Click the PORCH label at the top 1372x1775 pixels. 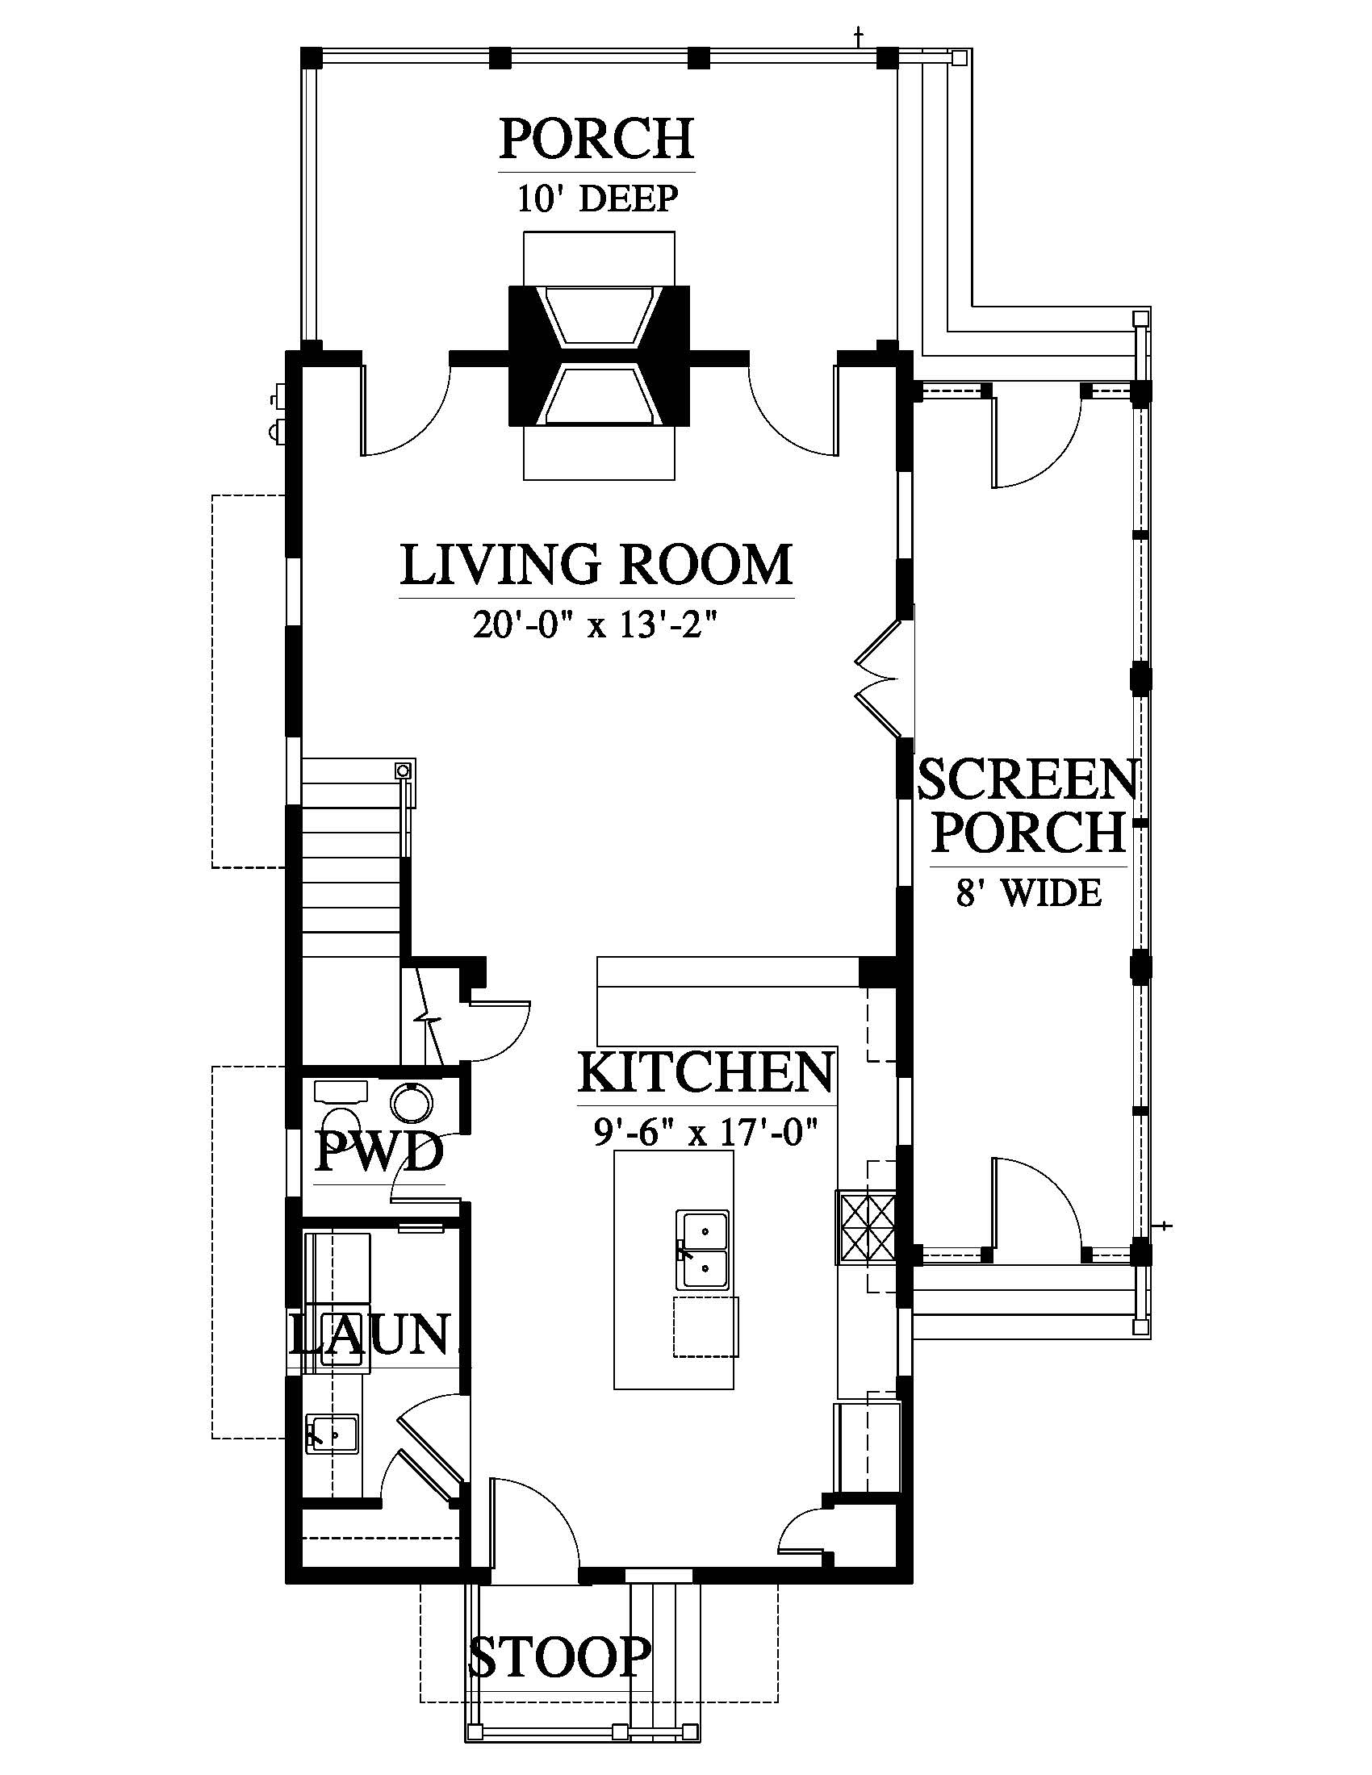click(596, 138)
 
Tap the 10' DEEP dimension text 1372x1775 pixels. click(597, 199)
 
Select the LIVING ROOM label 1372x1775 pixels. click(596, 565)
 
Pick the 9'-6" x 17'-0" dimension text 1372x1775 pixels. click(705, 1130)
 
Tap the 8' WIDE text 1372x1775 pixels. click(1028, 893)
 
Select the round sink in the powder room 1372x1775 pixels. click(413, 1102)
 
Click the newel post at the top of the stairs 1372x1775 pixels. click(404, 769)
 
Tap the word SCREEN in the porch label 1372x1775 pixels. click(1027, 780)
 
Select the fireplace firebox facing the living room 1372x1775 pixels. click(599, 395)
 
